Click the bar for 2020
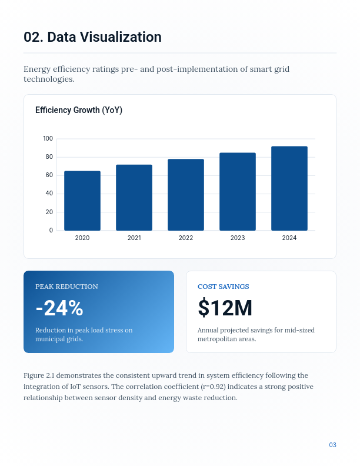82,201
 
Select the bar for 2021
134,198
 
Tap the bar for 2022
186,195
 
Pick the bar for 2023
238,192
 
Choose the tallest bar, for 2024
289,188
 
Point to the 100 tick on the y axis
48,139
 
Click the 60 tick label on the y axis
49,175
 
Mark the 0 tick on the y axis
51,230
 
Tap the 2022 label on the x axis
186,238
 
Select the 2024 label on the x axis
289,238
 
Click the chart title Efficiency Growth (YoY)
79,110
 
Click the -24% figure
59,308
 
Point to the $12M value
225,308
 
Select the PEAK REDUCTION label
66,287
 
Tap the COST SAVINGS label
223,287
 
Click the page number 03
332,445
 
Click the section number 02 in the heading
32,37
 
